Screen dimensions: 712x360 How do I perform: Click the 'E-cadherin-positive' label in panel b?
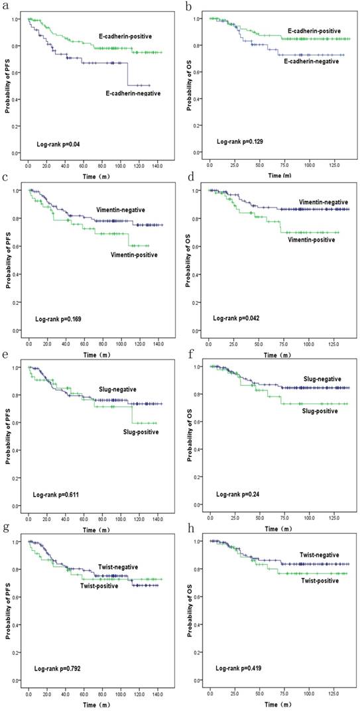coord(314,31)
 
